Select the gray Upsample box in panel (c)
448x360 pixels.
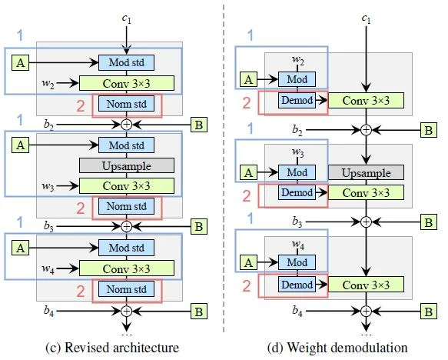pyautogui.click(x=127, y=165)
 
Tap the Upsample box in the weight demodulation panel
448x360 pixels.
pyautogui.click(x=366, y=172)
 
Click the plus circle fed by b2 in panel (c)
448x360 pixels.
pyautogui.click(x=128, y=123)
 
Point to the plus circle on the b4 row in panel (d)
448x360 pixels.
pyautogui.click(x=367, y=311)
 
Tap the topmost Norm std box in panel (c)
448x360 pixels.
pyautogui.click(x=127, y=103)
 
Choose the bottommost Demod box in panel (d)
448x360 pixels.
pyautogui.click(x=296, y=285)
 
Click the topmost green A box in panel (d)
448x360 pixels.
pyautogui.click(x=248, y=78)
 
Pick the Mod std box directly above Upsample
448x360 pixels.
pyautogui.click(x=127, y=144)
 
